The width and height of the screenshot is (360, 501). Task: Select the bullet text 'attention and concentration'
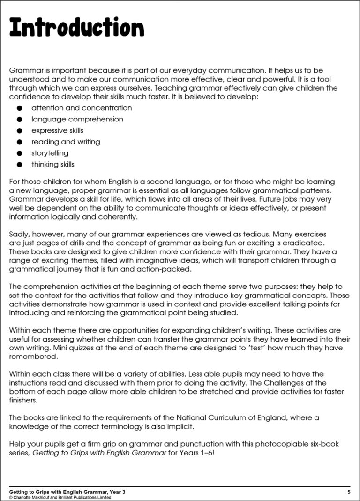[82, 108]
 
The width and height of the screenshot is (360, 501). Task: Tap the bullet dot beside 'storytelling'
[19, 153]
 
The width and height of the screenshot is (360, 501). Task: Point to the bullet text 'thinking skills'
[53, 165]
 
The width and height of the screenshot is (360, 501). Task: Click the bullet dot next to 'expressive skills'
[19, 131]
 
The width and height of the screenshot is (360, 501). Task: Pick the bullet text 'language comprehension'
[77, 119]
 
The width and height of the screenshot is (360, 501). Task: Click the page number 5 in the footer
[349, 492]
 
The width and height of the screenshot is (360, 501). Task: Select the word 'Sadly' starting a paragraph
[19, 234]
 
